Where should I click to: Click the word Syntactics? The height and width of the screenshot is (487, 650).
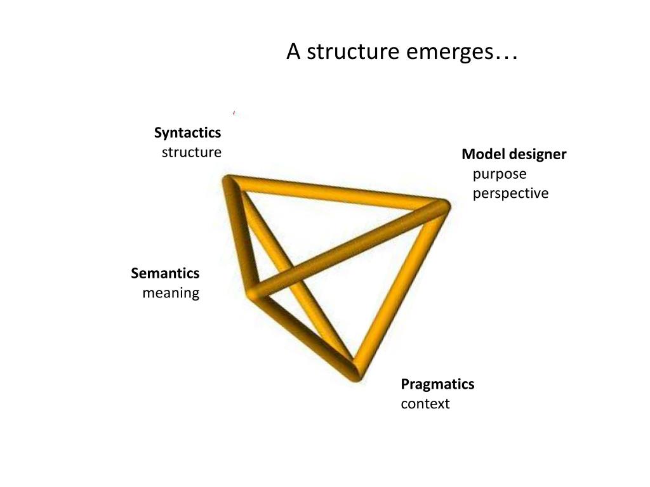click(187, 133)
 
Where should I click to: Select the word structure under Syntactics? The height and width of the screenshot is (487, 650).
click(191, 153)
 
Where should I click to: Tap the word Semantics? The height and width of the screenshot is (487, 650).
click(165, 273)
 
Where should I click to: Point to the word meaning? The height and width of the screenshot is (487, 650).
click(171, 293)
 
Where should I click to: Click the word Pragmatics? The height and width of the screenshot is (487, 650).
click(437, 384)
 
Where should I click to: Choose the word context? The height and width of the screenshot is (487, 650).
click(425, 404)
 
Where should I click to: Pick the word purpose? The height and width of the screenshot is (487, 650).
click(500, 174)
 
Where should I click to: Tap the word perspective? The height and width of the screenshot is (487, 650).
click(510, 193)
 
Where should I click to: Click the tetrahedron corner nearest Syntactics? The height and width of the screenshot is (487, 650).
click(230, 183)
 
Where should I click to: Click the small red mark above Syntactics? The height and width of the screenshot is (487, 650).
click(234, 112)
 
